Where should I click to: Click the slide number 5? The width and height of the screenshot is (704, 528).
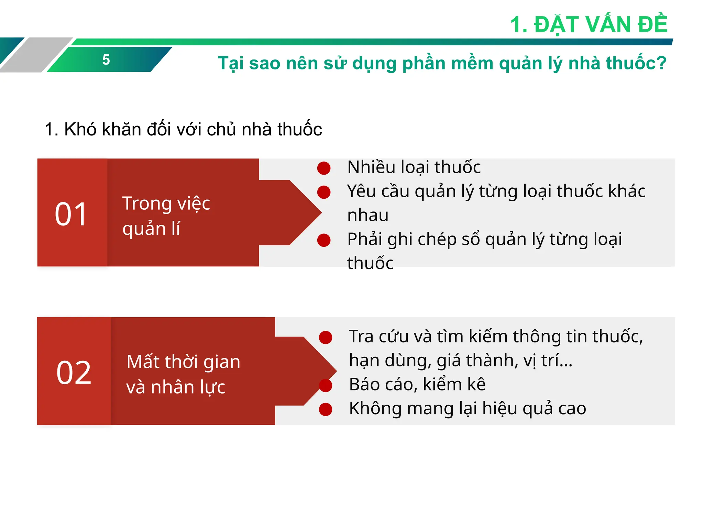[106, 60]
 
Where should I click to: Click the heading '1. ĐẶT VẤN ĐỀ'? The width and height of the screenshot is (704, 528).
[588, 25]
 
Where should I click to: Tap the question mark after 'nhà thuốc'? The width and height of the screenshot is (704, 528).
[661, 63]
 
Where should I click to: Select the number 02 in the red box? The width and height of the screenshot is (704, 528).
[74, 373]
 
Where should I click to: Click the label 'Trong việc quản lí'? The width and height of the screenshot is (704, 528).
[166, 216]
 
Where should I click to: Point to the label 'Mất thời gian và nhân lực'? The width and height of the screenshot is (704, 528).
[183, 374]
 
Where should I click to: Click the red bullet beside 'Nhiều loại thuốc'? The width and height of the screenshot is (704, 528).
[324, 168]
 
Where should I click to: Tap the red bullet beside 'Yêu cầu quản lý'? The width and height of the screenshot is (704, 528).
[324, 192]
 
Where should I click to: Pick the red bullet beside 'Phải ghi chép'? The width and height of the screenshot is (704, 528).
[324, 240]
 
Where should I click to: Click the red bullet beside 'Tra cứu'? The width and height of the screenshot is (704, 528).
[326, 337]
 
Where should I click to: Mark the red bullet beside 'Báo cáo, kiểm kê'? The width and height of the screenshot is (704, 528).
[326, 385]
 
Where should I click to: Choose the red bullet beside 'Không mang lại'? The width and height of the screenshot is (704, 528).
[326, 409]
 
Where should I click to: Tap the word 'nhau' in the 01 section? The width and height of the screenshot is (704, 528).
[368, 216]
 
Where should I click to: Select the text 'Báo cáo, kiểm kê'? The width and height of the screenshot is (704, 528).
[417, 384]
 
